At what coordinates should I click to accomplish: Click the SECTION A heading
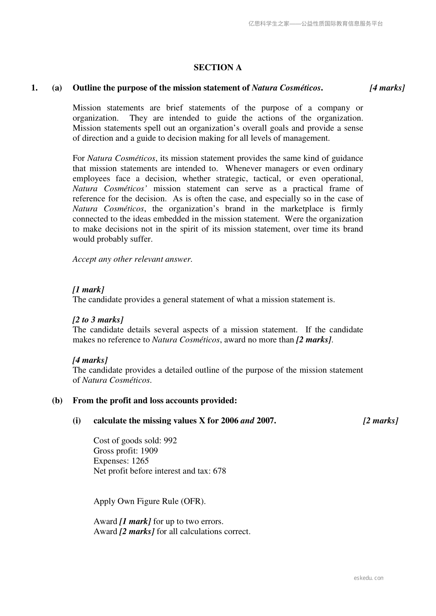tap(217, 68)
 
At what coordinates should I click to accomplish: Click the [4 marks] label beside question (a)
tap(387, 88)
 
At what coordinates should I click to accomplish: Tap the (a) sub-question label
tap(57, 88)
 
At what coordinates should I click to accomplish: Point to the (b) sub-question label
tap(57, 401)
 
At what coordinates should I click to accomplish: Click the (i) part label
tap(77, 421)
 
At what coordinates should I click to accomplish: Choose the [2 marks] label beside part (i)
tap(380, 421)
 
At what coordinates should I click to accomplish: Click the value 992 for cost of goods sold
tap(170, 441)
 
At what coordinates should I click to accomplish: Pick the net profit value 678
tap(219, 471)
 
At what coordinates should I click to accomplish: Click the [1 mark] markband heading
tap(88, 290)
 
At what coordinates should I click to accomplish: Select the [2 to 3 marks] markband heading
tap(98, 320)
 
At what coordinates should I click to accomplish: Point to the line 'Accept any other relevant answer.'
tap(133, 260)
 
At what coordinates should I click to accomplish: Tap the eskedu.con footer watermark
tap(369, 578)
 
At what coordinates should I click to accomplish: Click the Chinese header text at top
tap(316, 24)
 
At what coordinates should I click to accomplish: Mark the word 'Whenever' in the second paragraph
tap(243, 169)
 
